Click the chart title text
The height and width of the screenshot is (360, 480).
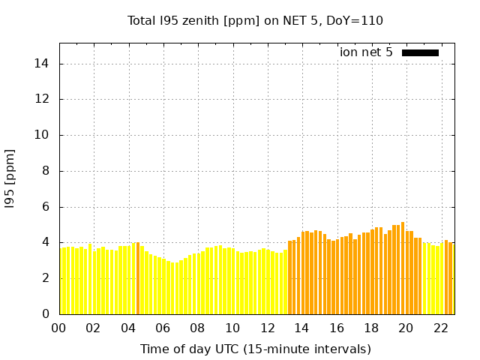click(255, 20)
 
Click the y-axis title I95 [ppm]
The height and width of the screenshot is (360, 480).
click(10, 178)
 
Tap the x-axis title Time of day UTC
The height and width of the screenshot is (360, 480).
click(255, 349)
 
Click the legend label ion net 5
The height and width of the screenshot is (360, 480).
click(366, 52)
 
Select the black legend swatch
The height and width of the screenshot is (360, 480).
click(420, 52)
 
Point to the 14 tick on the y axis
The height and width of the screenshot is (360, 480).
click(42, 64)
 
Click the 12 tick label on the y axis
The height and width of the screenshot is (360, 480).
click(42, 99)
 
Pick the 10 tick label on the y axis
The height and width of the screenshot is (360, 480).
click(42, 135)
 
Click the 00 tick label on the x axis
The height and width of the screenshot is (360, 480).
click(59, 328)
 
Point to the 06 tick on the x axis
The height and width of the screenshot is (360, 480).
click(163, 328)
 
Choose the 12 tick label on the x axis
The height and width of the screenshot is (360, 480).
click(268, 328)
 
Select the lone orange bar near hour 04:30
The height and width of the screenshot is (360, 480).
click(138, 278)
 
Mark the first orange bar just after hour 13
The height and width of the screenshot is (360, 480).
click(289, 277)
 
